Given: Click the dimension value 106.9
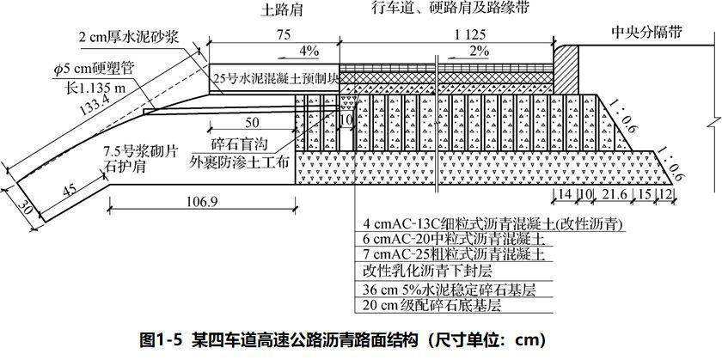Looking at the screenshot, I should [x=203, y=202].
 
